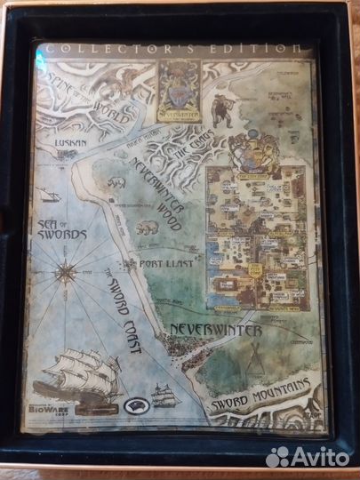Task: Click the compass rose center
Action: [66, 271]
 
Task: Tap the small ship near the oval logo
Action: [165, 394]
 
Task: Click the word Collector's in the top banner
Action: [106, 50]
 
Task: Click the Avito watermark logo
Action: [308, 457]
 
